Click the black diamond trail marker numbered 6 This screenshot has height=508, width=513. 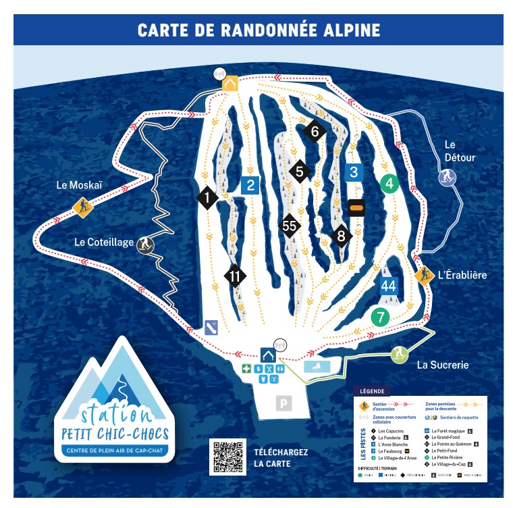tap(315, 132)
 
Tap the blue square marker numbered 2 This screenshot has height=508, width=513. tap(250, 185)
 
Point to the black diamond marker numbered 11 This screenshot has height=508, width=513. tap(235, 276)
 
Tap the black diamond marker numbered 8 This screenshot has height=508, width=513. tap(342, 236)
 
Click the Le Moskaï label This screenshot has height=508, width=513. tap(79, 184)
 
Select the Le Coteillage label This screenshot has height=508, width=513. tap(104, 243)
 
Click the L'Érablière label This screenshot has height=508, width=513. tap(462, 275)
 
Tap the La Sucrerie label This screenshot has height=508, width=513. tap(442, 365)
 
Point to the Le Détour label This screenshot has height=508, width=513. tap(460, 151)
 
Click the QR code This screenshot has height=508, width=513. tap(227, 456)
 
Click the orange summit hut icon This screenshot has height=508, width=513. tap(230, 84)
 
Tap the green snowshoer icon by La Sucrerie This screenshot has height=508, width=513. tap(400, 353)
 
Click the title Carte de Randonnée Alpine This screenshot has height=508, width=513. tap(259, 30)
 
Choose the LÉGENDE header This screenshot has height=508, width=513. tap(373, 391)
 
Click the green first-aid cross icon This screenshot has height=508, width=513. tap(248, 369)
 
